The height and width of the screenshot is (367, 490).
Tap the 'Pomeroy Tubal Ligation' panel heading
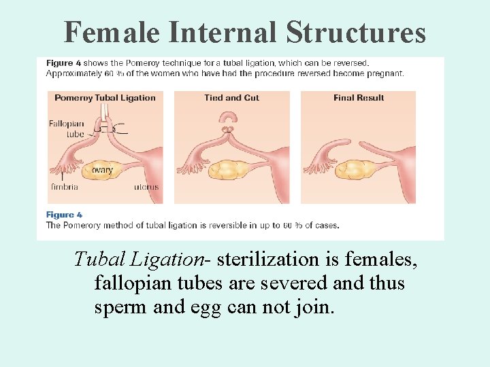pyautogui.click(x=105, y=98)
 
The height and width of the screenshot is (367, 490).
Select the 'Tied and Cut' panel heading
pyautogui.click(x=231, y=98)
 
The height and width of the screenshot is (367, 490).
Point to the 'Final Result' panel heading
pyautogui.click(x=358, y=98)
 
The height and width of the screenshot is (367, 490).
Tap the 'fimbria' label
pyautogui.click(x=65, y=187)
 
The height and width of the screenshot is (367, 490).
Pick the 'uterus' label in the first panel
pyautogui.click(x=146, y=187)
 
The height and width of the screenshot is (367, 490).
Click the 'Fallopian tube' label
pyautogui.click(x=67, y=128)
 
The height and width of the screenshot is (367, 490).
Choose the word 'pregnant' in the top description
pyautogui.click(x=385, y=73)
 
